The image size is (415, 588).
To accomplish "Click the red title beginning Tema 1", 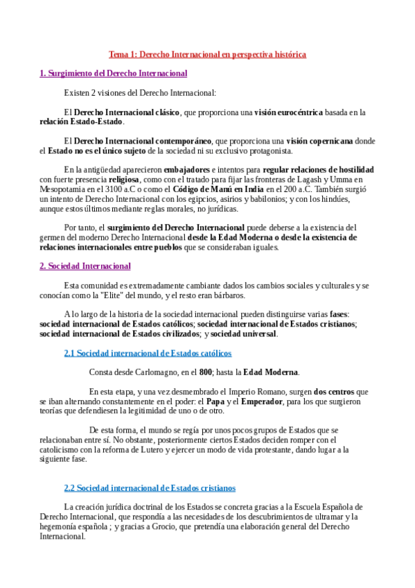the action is coord(207,53).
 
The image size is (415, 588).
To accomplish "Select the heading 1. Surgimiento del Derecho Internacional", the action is coord(113,73).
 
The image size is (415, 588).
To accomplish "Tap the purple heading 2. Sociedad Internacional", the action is coord(85,266).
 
